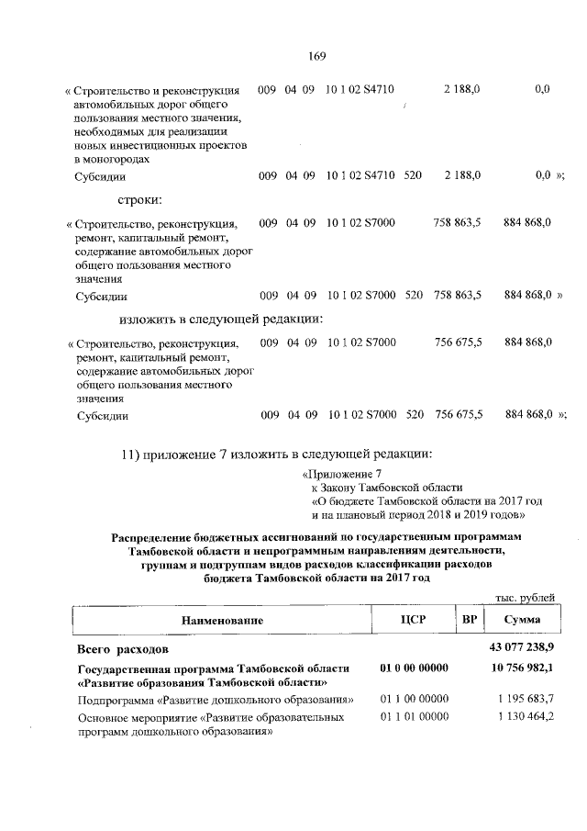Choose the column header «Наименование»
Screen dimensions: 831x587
[x=222, y=621]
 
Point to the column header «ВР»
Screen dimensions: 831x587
[x=471, y=621]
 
